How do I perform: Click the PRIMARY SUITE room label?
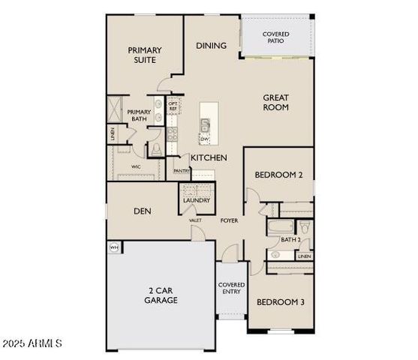tap(144, 55)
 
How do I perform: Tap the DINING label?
tap(211, 46)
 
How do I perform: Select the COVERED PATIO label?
tap(275, 38)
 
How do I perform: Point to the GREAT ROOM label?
tap(275, 102)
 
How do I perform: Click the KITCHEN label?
tap(209, 158)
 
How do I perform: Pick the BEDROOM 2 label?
tap(278, 175)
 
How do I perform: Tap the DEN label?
tap(143, 211)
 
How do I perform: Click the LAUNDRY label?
tap(196, 201)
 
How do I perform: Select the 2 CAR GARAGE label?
tap(161, 295)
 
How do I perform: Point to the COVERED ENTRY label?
tap(231, 289)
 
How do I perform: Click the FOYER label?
tap(229, 220)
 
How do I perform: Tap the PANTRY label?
tap(182, 171)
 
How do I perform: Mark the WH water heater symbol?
tap(115, 247)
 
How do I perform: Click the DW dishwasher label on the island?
tap(203, 138)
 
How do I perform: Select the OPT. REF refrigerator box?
tap(173, 106)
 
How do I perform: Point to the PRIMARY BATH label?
tap(139, 116)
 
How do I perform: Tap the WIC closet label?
tap(136, 166)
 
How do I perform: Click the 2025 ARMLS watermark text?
tap(32, 344)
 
